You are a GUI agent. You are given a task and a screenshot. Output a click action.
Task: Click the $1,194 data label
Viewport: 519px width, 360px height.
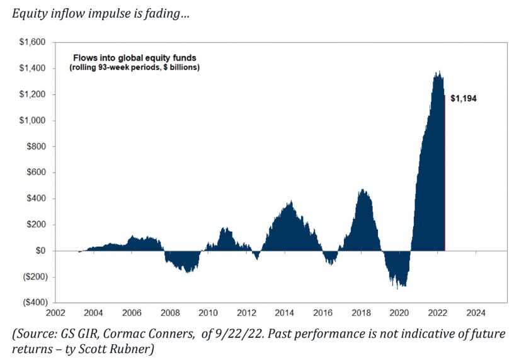[x=464, y=98]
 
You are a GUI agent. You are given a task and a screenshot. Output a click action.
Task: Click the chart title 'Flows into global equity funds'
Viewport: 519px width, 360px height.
[x=135, y=57]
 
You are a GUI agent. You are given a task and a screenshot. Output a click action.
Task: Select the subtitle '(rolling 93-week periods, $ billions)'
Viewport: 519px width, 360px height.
[x=134, y=67]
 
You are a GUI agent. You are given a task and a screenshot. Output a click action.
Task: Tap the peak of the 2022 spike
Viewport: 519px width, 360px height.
[x=438, y=72]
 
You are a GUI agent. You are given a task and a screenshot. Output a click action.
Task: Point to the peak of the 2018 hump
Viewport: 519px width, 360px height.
[x=362, y=189]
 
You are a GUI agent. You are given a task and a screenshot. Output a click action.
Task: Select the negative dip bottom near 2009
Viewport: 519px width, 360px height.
[x=187, y=272]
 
